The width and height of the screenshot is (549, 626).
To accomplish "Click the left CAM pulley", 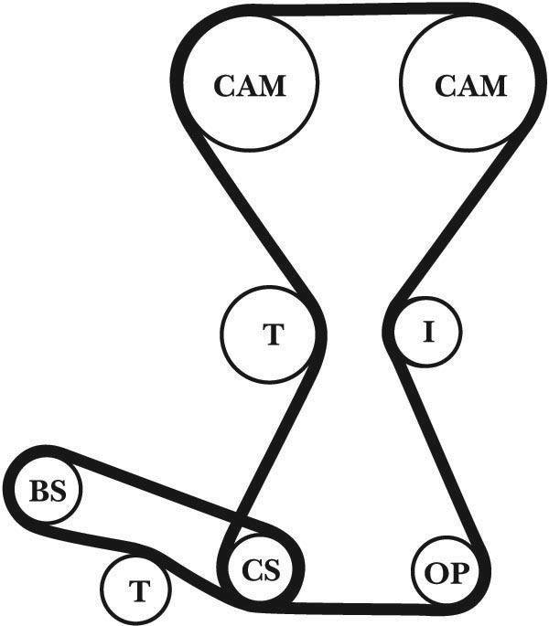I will pos(250,86).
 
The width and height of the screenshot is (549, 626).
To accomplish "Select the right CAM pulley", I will pos(468,86).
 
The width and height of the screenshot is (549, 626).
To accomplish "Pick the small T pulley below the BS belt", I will pos(138,590).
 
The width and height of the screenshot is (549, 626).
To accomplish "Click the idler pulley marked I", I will pos(427,332).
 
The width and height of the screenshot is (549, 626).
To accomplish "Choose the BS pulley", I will pos(48,491).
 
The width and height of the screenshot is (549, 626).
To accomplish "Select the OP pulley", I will pos(445,574).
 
